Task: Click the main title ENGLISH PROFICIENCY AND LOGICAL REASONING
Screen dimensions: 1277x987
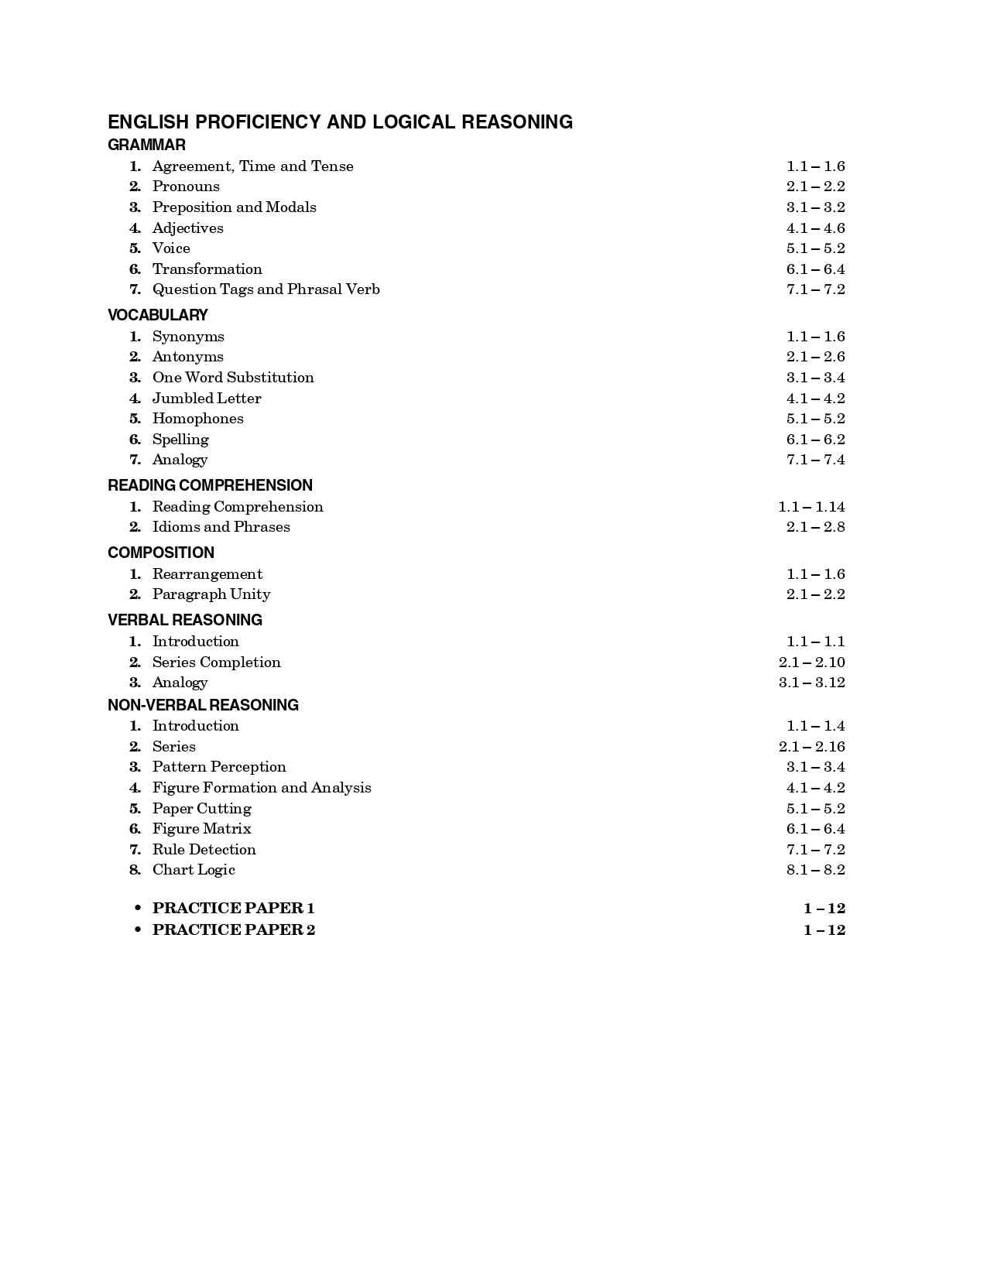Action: pos(340,122)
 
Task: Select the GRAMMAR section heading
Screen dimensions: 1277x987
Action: pos(146,145)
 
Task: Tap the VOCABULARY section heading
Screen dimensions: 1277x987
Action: pos(157,315)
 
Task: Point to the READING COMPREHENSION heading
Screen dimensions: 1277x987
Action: pos(210,485)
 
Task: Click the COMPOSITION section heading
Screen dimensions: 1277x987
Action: pos(161,553)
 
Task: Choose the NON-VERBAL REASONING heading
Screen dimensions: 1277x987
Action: pos(203,705)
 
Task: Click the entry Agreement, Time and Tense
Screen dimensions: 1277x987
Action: pos(252,166)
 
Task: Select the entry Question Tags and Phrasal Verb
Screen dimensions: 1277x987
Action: pos(266,289)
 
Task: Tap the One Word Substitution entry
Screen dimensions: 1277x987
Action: pos(233,378)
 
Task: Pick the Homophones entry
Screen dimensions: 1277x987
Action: pos(197,419)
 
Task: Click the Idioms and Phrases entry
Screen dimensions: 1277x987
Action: pos(221,527)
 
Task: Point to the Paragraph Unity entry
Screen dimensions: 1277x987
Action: pos(211,594)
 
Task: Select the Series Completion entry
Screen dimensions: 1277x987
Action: pos(216,662)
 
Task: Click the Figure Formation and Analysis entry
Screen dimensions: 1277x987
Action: pos(262,788)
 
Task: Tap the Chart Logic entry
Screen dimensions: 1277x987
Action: pos(194,870)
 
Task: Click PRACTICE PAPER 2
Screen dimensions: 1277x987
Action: pos(234,930)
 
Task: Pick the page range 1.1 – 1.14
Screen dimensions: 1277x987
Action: pos(811,507)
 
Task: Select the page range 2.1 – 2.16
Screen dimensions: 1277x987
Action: pos(811,747)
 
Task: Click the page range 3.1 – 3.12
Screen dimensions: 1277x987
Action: pos(811,683)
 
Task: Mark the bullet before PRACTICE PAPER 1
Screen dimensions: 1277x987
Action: pos(138,908)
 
